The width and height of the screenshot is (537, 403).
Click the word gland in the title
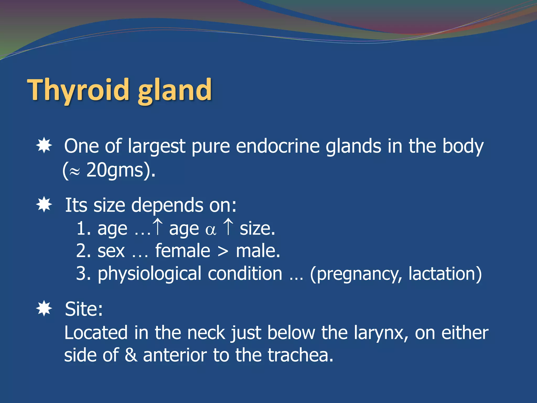pyautogui.click(x=175, y=90)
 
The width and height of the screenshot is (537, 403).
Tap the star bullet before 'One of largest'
pyautogui.click(x=44, y=145)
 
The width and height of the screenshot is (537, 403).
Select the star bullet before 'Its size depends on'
pyautogui.click(x=44, y=204)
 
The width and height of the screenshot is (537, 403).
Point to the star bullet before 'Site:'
pyautogui.click(x=44, y=308)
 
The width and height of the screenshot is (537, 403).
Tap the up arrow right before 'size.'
pyautogui.click(x=228, y=227)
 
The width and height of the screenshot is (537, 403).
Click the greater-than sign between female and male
pyautogui.click(x=223, y=252)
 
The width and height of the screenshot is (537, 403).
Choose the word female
pyautogui.click(x=182, y=251)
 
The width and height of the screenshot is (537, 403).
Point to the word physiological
pyautogui.click(x=149, y=274)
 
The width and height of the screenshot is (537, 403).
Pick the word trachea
pyautogui.click(x=300, y=355)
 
